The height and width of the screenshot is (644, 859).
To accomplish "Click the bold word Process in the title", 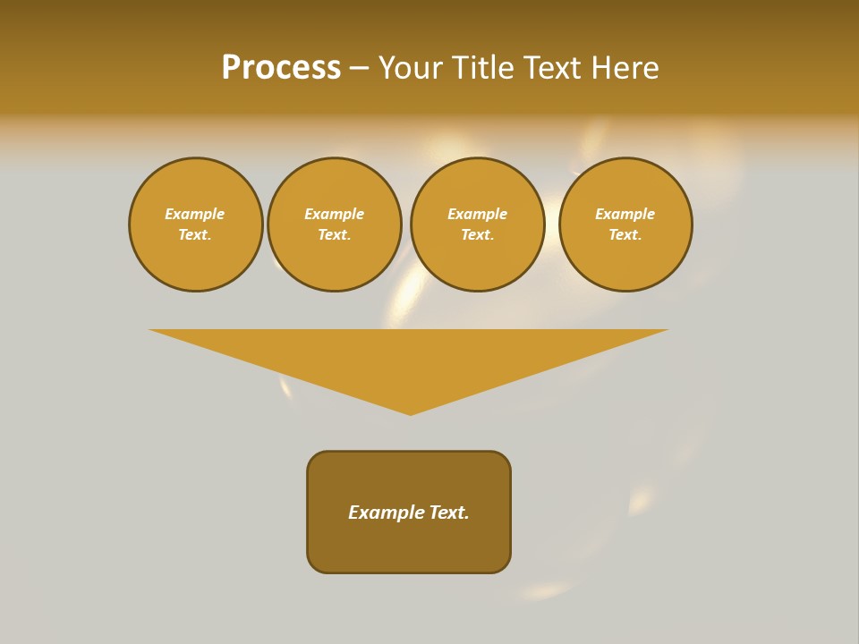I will [281, 68].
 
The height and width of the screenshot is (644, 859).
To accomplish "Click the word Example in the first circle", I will [195, 215].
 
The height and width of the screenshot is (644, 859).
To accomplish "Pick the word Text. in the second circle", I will [334, 235].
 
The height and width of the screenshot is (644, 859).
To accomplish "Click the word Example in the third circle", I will [477, 215].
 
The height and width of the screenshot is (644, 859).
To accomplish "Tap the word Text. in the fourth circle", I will [625, 235].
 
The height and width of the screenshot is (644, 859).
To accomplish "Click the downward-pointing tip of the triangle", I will [410, 412].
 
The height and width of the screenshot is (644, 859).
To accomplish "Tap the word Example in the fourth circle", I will [625, 215].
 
